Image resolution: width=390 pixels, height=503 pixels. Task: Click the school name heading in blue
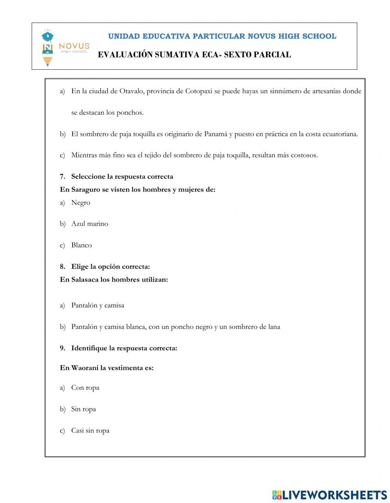(x=222, y=36)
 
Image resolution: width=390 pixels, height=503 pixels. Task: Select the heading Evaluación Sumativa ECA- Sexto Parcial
(x=194, y=55)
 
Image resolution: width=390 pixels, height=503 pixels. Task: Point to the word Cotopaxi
(x=199, y=91)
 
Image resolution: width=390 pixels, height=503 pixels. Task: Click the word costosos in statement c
(x=304, y=155)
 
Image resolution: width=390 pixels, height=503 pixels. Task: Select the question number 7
(x=62, y=176)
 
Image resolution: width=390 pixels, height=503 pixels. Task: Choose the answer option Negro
(x=80, y=203)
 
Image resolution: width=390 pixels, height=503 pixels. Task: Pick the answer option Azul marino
(x=89, y=224)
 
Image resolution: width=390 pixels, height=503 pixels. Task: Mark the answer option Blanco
(x=81, y=245)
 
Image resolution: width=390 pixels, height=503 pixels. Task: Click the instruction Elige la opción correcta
(x=110, y=267)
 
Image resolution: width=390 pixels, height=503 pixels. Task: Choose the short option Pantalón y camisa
(x=97, y=305)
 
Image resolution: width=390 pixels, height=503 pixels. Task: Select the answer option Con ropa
(x=85, y=388)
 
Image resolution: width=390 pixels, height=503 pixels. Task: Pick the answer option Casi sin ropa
(x=90, y=431)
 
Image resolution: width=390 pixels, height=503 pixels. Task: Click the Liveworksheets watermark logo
(x=330, y=495)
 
